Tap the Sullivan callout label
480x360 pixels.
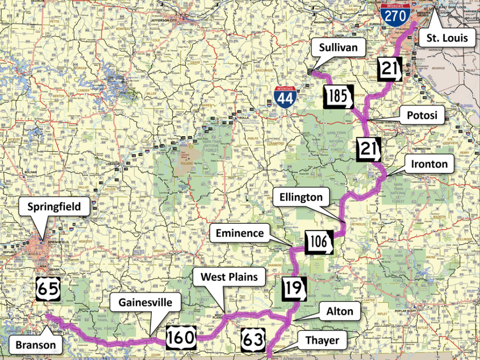point(337,50)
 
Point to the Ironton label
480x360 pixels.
point(429,164)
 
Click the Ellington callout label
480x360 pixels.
point(301,197)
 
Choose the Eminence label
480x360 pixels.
point(240,233)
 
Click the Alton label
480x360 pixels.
point(340,311)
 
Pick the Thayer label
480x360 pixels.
point(322,340)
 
